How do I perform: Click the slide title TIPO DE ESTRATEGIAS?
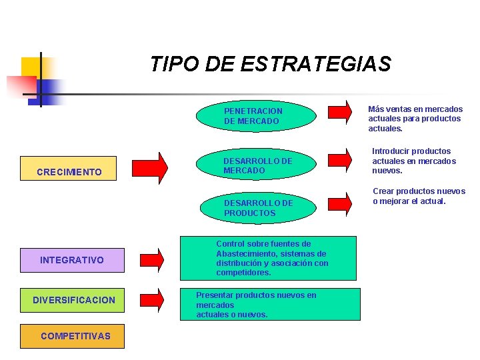(x=270, y=64)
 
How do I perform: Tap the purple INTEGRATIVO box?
(x=72, y=259)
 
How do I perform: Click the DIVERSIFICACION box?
(x=73, y=301)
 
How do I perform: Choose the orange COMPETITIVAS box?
(x=75, y=336)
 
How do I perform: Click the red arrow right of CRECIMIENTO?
(x=151, y=168)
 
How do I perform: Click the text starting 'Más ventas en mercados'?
(x=415, y=119)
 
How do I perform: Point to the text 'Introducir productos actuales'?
(x=413, y=161)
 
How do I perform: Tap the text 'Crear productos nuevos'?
(x=419, y=196)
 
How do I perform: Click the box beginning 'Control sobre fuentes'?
(x=271, y=258)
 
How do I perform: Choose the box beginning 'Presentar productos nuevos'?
(x=270, y=304)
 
